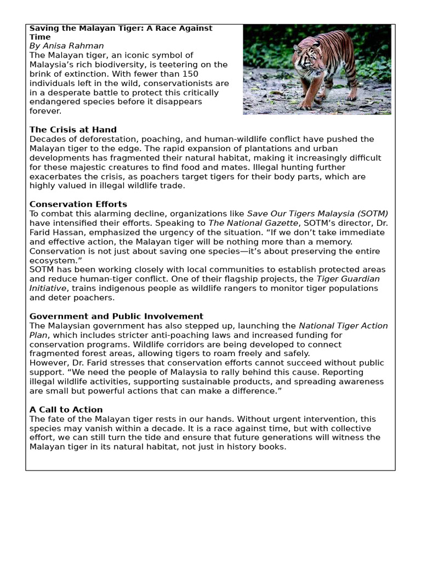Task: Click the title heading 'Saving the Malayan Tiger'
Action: [x=121, y=28]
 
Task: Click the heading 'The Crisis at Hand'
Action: [x=73, y=130]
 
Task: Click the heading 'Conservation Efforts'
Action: [x=78, y=204]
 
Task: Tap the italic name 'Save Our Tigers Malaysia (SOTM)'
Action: [x=317, y=214]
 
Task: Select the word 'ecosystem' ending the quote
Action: [x=52, y=260]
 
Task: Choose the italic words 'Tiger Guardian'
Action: [x=348, y=279]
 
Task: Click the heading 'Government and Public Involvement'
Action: [x=116, y=317]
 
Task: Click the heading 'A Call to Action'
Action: [x=66, y=410]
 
